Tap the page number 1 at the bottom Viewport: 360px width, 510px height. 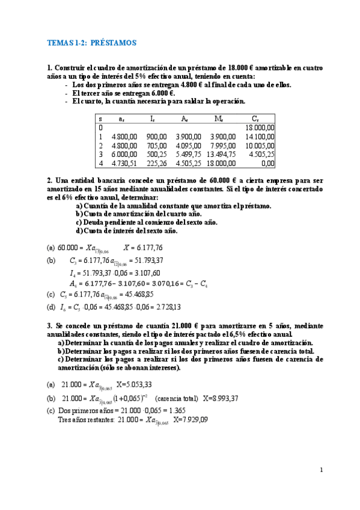[322, 470]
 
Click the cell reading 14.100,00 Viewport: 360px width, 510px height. [260, 137]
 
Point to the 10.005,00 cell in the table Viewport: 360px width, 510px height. [260, 146]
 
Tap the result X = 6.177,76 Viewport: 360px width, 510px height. [143, 247]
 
